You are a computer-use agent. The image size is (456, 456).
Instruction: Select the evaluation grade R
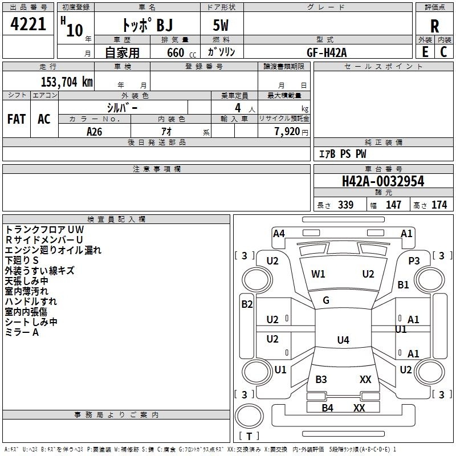tap(434, 26)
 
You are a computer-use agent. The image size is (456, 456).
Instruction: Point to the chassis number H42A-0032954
tap(382, 181)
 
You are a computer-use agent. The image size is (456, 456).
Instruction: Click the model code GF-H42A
tap(327, 52)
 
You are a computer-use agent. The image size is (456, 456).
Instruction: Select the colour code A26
tap(95, 131)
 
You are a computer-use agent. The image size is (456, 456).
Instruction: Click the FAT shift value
tap(17, 119)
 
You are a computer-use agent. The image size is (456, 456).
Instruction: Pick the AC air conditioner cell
tap(44, 119)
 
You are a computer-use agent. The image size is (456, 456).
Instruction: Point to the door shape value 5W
tap(221, 26)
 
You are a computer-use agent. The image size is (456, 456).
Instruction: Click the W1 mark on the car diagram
tap(318, 274)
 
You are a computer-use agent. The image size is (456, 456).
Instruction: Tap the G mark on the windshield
tap(326, 300)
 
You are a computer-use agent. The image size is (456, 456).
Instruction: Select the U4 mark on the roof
tap(343, 340)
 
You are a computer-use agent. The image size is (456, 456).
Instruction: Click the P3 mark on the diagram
tap(414, 260)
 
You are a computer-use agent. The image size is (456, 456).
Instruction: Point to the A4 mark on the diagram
tap(279, 233)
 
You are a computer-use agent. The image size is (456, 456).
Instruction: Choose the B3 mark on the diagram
tap(321, 380)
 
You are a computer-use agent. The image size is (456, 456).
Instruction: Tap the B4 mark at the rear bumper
tap(327, 408)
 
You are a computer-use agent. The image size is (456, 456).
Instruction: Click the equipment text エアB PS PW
tap(342, 154)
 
